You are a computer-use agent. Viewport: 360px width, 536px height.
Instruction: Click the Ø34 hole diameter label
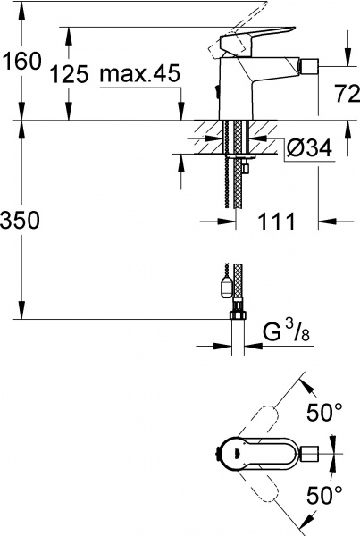tap(306, 149)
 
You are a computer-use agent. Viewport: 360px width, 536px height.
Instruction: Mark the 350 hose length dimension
tap(21, 222)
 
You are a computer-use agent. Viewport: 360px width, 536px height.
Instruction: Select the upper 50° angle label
tap(324, 414)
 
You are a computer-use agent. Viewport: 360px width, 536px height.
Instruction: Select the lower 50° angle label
tap(324, 494)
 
